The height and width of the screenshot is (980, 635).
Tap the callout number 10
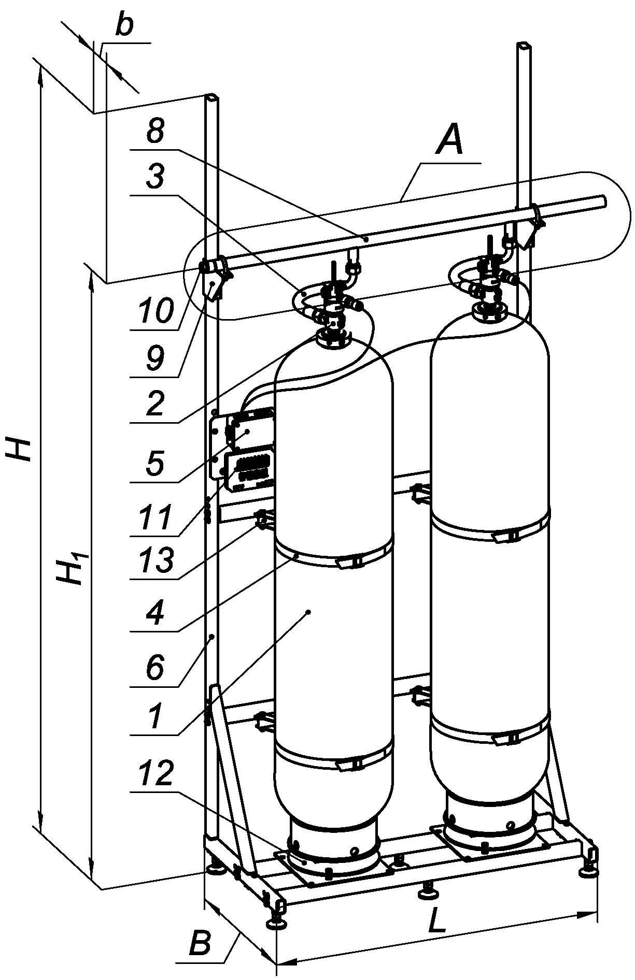click(154, 311)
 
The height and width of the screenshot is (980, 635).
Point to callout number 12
click(154, 773)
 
